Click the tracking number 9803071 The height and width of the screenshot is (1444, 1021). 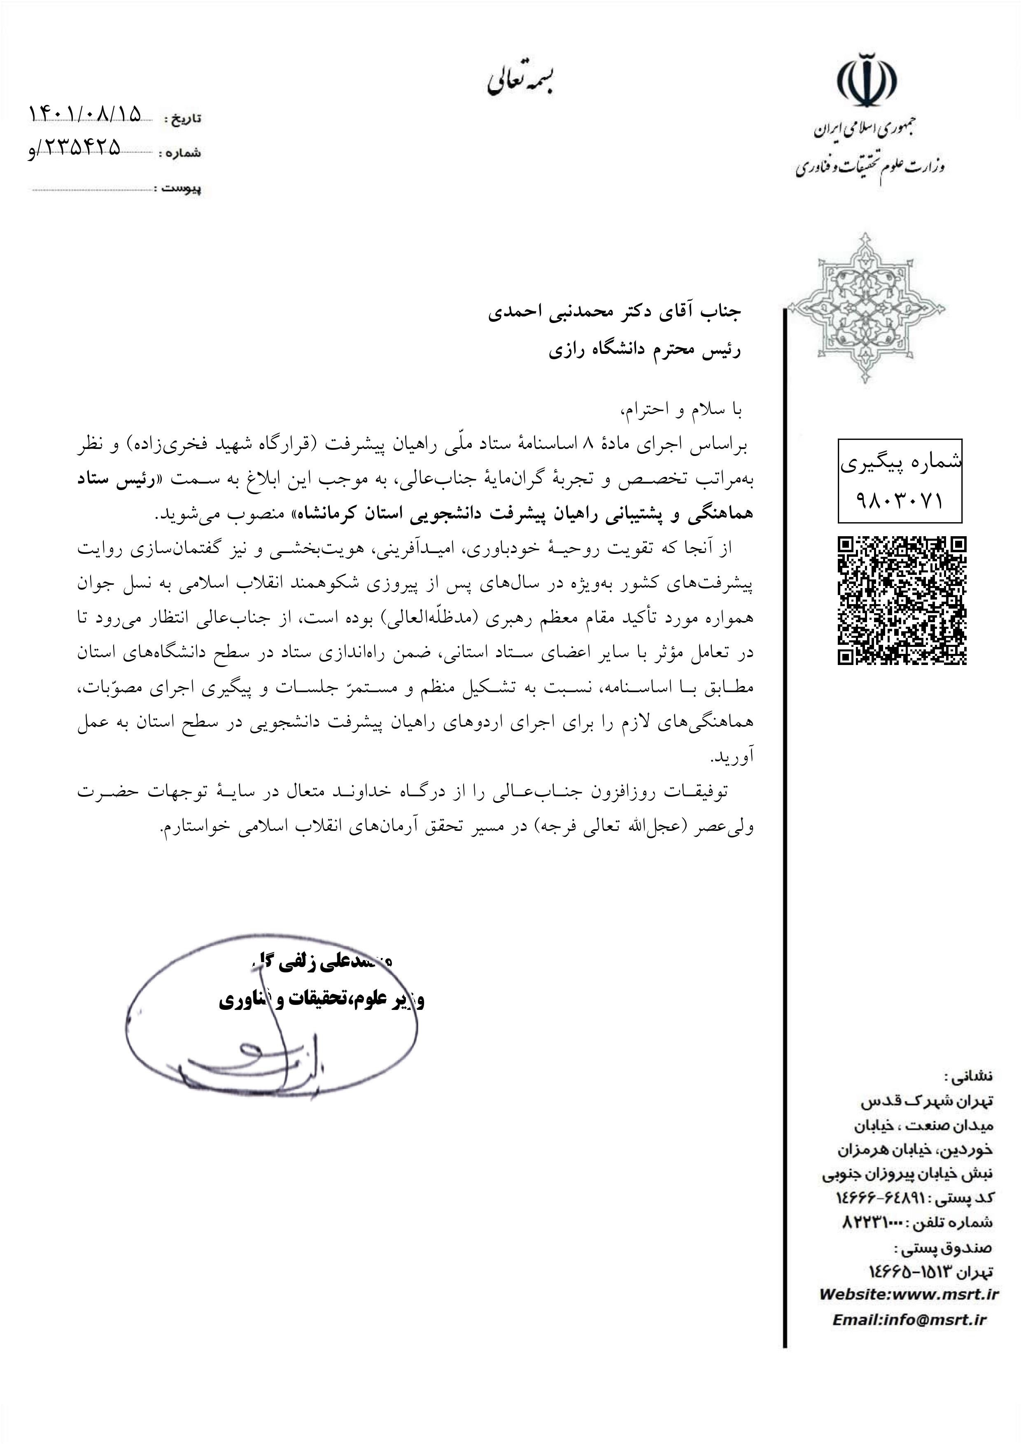click(x=900, y=501)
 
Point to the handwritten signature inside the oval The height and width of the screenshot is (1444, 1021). click(x=245, y=1063)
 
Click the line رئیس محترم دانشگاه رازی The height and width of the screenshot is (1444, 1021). click(x=644, y=350)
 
